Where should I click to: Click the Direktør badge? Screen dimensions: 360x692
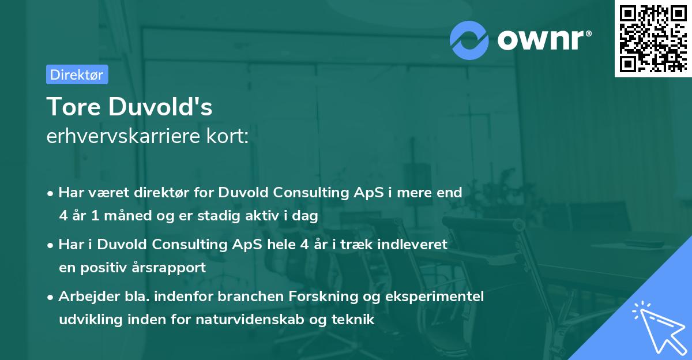pos(77,74)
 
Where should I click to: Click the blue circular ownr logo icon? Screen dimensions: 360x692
pos(469,40)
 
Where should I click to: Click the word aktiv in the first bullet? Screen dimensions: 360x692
pos(267,216)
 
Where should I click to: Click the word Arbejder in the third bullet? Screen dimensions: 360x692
pos(85,297)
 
